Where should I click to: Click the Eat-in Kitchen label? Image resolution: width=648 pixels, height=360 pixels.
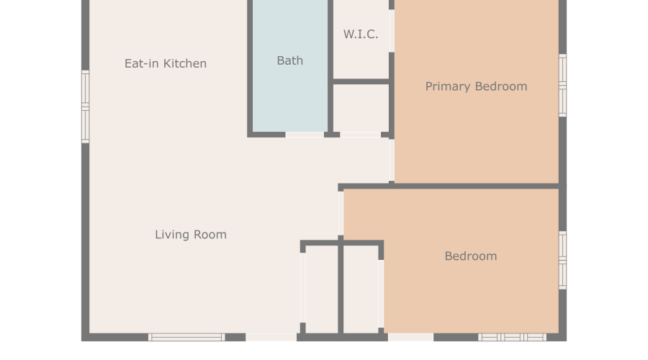click(166, 63)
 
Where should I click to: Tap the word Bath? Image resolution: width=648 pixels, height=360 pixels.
click(289, 60)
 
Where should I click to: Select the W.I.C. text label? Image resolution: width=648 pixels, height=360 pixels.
click(361, 34)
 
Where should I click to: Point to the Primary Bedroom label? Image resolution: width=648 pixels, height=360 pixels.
click(476, 86)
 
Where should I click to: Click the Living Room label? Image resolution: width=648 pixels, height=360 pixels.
click(191, 234)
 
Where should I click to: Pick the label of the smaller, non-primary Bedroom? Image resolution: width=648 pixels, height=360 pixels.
click(471, 256)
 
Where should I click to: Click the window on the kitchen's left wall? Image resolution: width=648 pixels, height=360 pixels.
click(85, 107)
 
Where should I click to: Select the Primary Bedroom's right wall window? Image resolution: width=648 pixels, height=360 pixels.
click(562, 85)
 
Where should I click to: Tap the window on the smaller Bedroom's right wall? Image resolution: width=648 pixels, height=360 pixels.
click(562, 261)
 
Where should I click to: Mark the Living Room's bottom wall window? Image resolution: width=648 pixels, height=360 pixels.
click(186, 337)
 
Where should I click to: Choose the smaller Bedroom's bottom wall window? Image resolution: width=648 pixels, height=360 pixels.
click(512, 337)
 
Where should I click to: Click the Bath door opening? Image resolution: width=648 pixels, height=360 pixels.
click(305, 135)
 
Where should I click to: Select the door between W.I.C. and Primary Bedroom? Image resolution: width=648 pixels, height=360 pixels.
click(392, 31)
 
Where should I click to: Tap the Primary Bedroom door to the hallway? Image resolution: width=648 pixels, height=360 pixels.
click(392, 160)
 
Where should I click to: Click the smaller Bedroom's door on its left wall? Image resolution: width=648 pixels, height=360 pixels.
click(341, 213)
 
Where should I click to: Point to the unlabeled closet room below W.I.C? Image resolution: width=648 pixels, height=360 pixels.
click(361, 108)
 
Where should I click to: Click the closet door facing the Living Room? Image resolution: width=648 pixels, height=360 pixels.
click(303, 288)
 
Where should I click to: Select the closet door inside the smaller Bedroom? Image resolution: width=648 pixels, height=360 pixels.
click(381, 294)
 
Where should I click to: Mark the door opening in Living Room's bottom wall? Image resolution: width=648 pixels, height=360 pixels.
click(271, 337)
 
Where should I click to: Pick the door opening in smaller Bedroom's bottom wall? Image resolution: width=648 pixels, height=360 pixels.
click(411, 337)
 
